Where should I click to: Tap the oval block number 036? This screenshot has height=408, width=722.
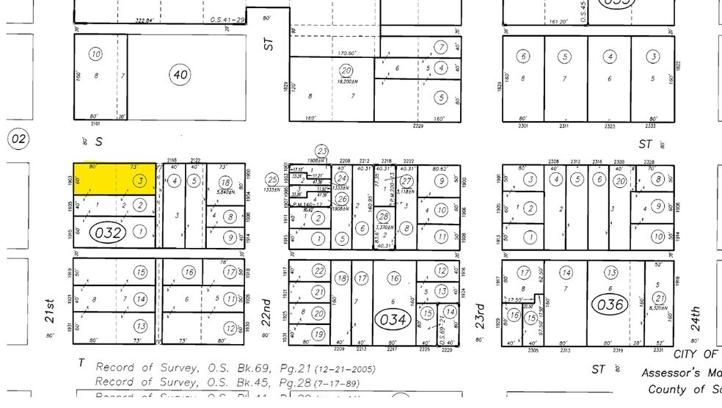(x=610, y=305)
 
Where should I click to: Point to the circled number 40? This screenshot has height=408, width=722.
(x=180, y=74)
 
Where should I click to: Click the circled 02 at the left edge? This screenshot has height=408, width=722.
(x=18, y=139)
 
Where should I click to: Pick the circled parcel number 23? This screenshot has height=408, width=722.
(x=321, y=152)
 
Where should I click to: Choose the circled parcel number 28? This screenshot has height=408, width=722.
(x=382, y=216)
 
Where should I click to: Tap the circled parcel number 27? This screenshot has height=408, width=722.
(x=406, y=181)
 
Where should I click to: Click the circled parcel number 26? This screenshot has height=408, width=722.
(x=342, y=199)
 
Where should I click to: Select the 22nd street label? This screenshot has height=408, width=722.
(x=267, y=313)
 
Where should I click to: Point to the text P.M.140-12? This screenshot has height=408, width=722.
(x=308, y=205)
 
